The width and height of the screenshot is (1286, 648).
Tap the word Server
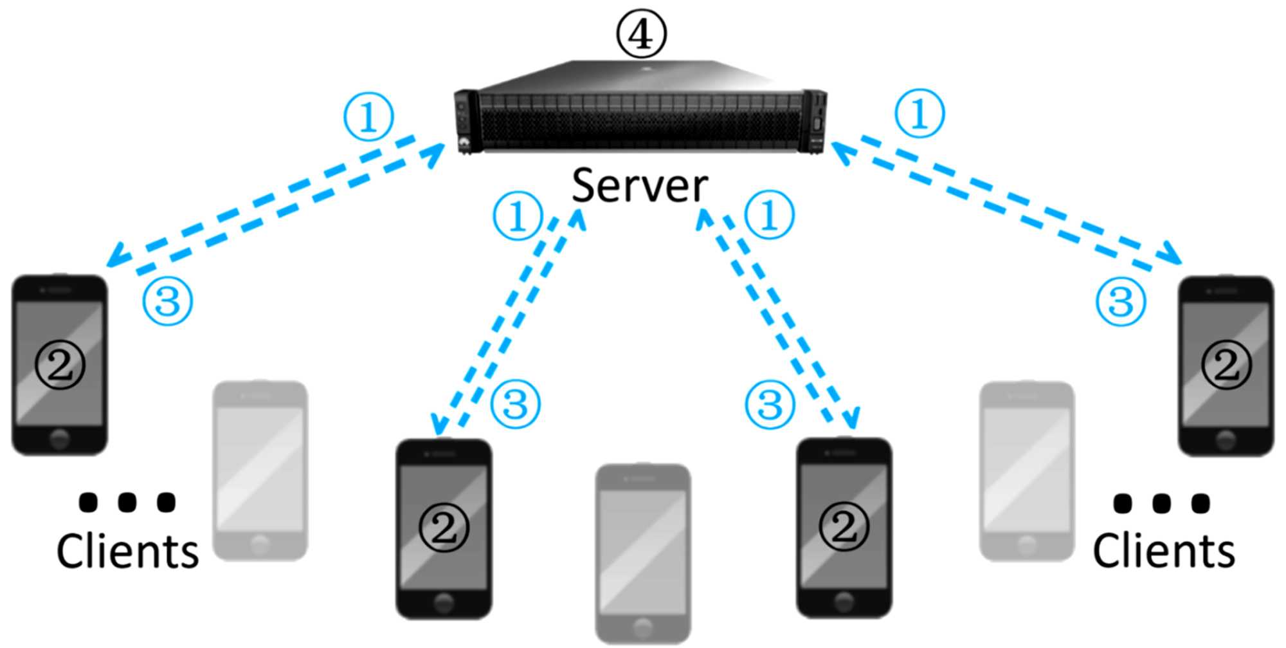coord(640,186)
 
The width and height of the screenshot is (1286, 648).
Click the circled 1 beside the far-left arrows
coord(368,116)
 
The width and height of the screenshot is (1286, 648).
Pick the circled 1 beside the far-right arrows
coord(919,113)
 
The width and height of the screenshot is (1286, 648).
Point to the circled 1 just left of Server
coord(518,216)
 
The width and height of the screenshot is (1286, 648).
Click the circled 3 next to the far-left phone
coord(167,301)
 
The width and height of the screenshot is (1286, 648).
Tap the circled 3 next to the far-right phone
coord(1121,301)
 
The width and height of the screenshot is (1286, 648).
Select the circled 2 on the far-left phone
coord(60,365)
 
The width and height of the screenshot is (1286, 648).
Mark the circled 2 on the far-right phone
coord(1226,365)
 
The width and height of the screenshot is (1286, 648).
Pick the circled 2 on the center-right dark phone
coord(844,526)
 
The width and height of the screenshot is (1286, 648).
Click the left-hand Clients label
coord(127,551)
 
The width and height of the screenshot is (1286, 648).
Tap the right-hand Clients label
coord(1164,551)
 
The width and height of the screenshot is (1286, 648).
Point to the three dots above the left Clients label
coord(127,502)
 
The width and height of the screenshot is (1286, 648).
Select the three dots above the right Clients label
coord(1161,503)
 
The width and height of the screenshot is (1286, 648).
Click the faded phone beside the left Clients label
coord(260,470)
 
